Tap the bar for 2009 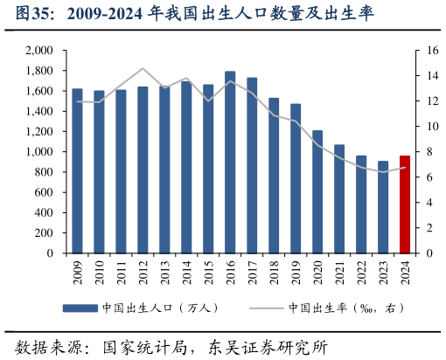pos(77,171)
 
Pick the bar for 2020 pos(317,192)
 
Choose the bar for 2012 pos(143,170)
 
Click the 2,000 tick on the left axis pos(39,51)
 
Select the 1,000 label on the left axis pos(39,152)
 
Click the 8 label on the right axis pos(422,152)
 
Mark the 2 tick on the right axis pos(422,228)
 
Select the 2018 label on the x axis pos(274,272)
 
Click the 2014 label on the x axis pos(186,272)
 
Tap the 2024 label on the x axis pos(405,272)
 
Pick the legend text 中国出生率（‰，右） pos(346,308)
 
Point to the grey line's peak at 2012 pos(143,68)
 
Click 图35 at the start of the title pos(21,14)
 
